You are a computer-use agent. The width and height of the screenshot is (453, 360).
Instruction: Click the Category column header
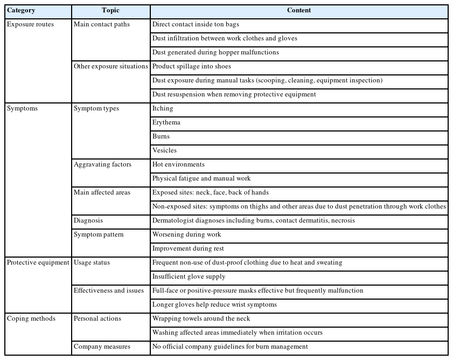click(21, 11)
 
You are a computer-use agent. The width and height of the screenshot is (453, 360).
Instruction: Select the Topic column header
click(110, 11)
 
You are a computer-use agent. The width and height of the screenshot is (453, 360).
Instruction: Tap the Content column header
click(299, 11)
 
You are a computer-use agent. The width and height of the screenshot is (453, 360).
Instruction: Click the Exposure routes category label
click(30, 24)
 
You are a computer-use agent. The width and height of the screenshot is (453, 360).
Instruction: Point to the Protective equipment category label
click(38, 262)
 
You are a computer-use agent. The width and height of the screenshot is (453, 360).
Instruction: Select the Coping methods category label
click(31, 319)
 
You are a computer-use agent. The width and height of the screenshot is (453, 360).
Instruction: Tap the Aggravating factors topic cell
click(102, 164)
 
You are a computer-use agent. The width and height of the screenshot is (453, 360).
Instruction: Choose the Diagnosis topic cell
click(88, 220)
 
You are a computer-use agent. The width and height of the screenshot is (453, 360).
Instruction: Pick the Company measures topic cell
click(102, 347)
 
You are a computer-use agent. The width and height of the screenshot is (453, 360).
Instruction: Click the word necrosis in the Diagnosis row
click(343, 220)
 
